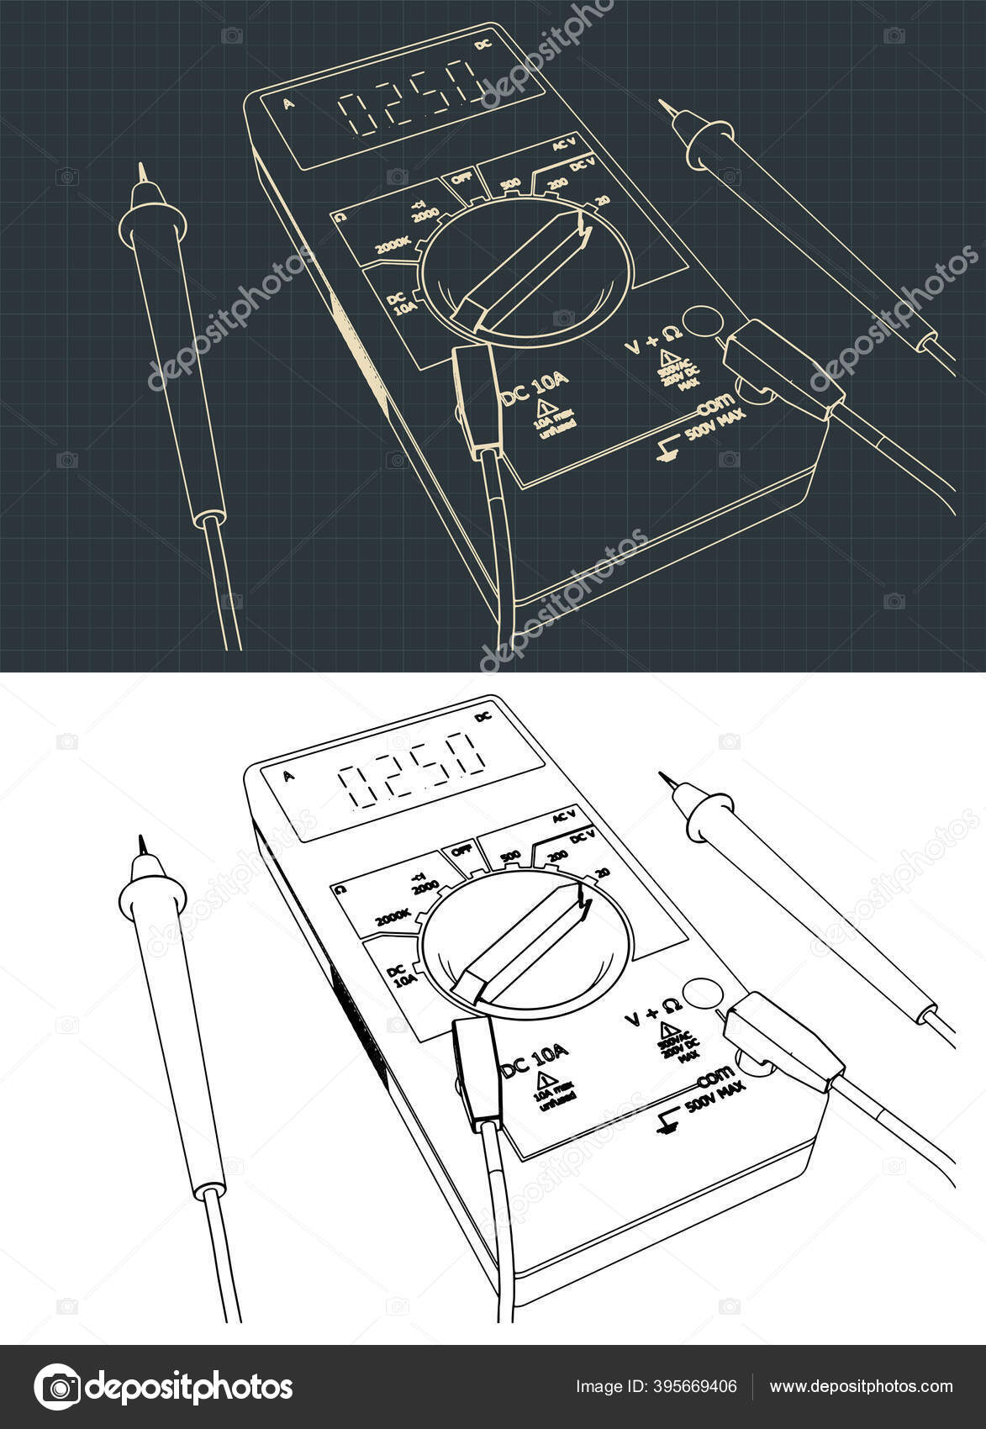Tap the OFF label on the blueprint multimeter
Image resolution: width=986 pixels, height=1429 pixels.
pos(461,179)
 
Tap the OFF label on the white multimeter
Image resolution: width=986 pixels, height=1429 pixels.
pos(461,850)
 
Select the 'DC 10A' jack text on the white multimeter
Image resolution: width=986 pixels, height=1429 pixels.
pos(536,1062)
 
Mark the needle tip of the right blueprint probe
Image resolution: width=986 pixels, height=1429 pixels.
pos(663,103)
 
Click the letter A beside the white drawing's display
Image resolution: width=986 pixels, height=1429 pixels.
pos(289,776)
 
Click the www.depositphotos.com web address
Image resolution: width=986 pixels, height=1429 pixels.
pos(862,1387)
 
